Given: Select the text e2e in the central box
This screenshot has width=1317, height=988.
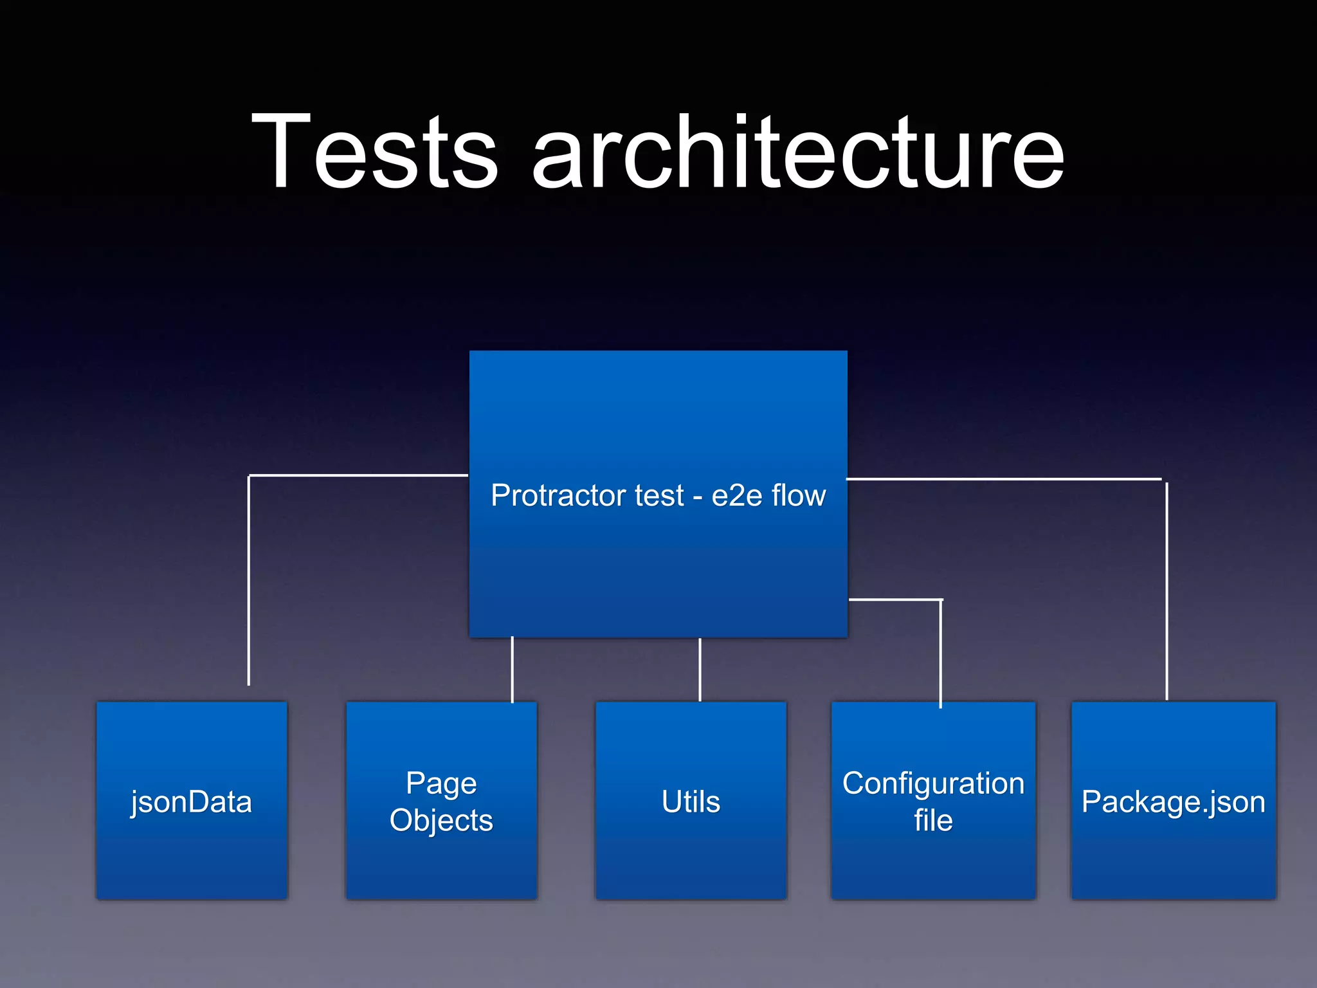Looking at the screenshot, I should pos(737,496).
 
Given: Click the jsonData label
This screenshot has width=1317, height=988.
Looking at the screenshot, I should pos(191,802).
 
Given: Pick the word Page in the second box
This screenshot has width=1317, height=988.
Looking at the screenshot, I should pos(441,783).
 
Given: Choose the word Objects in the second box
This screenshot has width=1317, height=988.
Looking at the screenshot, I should pos(441,821).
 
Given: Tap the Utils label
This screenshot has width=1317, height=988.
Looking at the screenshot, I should pos(691,802).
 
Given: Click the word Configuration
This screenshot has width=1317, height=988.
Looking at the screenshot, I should pos(933,783).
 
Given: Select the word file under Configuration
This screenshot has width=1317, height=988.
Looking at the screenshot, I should pos(933,821).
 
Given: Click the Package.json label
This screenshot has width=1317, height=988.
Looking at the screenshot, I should pos(1173,802).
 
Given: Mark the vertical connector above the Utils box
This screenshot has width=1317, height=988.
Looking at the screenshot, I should pos(700,669).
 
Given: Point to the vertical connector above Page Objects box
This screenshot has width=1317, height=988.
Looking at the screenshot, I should pos(512,669).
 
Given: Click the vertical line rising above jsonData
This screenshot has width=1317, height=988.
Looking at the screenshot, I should pos(249,579).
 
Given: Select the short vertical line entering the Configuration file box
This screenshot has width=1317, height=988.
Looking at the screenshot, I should pos(941,653).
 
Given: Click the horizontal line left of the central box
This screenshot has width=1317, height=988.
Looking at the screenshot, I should pos(358,475).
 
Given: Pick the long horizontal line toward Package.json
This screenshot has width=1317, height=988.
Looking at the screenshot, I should pos(1003,479).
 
